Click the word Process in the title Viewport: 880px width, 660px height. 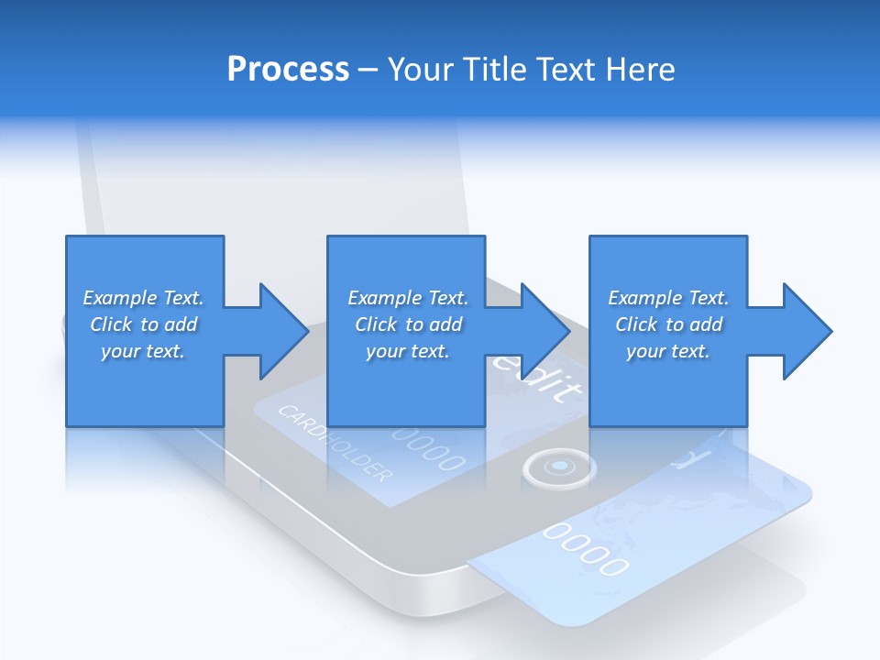288,70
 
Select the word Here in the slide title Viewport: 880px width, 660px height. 640,70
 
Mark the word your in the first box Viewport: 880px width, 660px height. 120,351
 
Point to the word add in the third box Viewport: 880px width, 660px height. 706,324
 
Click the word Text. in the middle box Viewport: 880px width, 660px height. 447,298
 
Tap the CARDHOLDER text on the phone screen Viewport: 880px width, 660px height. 335,444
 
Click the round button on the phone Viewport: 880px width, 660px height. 558,467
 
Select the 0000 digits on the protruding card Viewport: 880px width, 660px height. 588,549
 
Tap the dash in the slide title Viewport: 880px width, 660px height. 368,70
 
